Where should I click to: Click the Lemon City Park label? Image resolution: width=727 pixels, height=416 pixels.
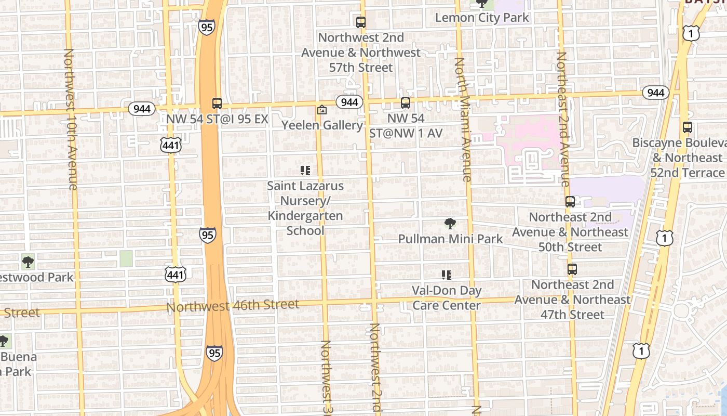point(482,18)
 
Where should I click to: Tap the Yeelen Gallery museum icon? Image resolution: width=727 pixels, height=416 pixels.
point(322,110)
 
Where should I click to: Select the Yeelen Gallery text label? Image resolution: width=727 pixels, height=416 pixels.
point(322,125)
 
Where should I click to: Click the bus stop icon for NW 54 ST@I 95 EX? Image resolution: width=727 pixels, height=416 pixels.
point(217,103)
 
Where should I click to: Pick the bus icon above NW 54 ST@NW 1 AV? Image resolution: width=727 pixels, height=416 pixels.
point(406,103)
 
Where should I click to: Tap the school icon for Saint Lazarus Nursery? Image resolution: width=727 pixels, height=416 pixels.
point(305,170)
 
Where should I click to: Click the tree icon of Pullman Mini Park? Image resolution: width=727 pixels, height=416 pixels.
point(450,224)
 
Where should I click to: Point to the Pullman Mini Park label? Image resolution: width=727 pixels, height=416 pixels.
point(450,239)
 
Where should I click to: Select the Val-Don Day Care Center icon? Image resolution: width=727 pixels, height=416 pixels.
point(447,275)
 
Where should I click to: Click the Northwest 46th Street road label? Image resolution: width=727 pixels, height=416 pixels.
point(233,305)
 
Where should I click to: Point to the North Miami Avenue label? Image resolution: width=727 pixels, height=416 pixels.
point(463,120)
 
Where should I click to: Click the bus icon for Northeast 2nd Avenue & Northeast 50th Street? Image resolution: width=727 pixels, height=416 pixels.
point(570,202)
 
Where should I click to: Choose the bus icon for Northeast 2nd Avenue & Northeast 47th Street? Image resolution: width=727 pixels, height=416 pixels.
point(572,269)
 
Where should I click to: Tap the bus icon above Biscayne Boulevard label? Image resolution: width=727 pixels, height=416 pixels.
point(688,127)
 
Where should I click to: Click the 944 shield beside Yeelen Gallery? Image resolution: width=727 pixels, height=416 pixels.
point(349,102)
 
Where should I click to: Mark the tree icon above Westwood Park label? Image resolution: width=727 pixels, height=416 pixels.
point(28,262)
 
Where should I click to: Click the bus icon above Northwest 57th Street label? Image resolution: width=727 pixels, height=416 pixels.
point(361,22)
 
